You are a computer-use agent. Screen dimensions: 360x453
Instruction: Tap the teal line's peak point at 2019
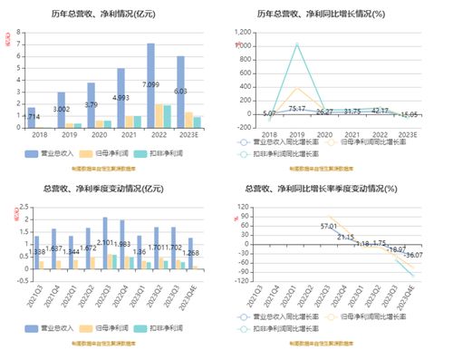point(295,44)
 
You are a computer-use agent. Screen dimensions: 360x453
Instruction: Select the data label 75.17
point(296,109)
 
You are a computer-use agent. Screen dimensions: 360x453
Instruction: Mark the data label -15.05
point(408,115)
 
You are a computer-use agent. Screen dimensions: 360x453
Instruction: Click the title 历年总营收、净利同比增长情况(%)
point(333,15)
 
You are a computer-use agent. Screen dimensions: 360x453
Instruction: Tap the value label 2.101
point(107,242)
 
